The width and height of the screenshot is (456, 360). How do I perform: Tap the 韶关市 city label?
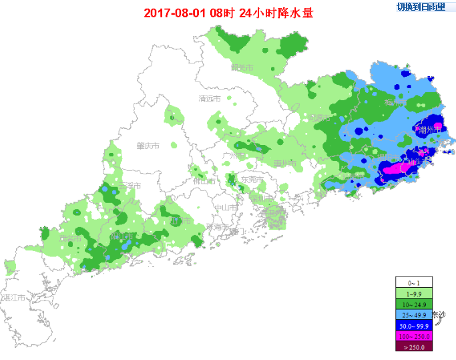[x=242, y=67]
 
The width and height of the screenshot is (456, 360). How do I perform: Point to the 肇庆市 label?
[x=147, y=146]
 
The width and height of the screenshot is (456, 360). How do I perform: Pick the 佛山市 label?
[x=204, y=180]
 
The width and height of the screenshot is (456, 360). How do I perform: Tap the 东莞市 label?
[x=252, y=180]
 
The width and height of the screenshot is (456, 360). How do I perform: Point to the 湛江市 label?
[x=14, y=297]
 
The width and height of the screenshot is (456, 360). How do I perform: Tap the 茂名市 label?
[x=70, y=238]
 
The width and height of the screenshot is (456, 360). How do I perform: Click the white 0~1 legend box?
[x=414, y=283]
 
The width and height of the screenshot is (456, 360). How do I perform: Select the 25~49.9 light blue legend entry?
[x=414, y=315]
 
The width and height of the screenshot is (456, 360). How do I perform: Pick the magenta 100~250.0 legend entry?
[x=414, y=336]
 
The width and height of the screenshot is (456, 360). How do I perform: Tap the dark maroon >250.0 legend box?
[x=414, y=346]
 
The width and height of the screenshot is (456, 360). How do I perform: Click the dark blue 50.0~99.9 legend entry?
[x=414, y=325]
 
